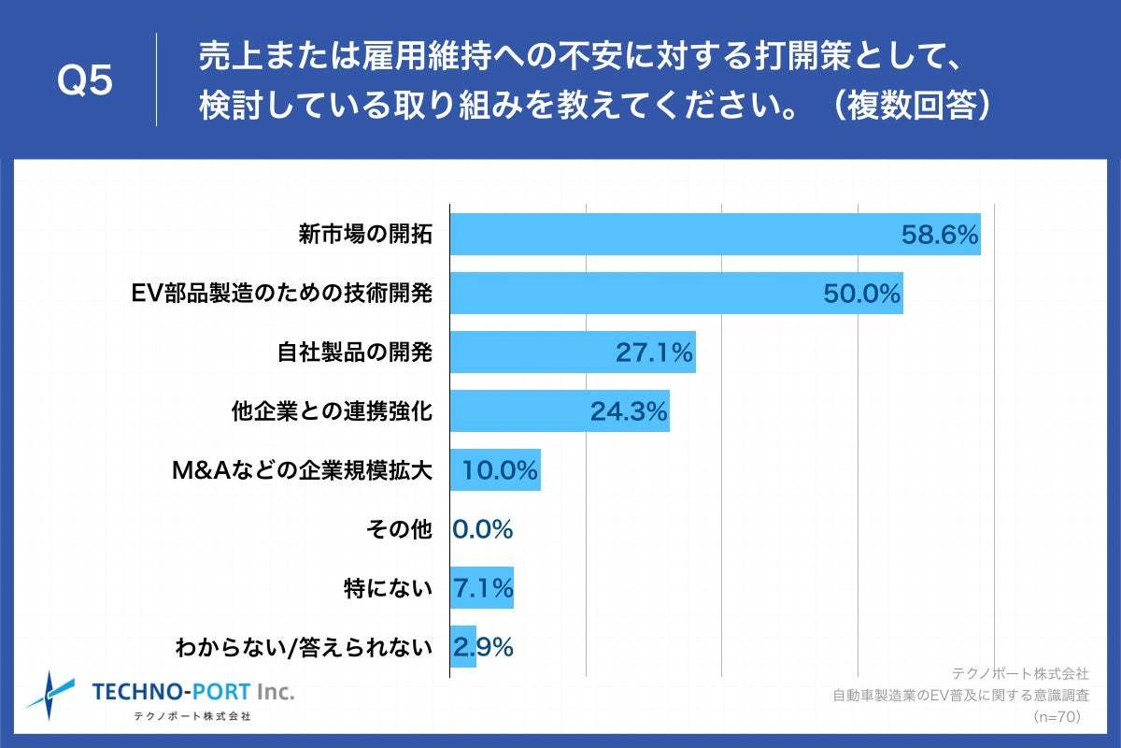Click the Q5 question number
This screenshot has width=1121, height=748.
point(85,80)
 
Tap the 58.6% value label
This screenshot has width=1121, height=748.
point(940,235)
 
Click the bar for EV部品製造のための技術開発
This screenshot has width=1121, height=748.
point(635,294)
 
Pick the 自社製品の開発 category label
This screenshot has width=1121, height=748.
point(355,352)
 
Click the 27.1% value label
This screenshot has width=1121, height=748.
point(654,352)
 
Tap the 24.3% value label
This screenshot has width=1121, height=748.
point(628,411)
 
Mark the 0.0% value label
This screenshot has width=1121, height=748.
point(483,529)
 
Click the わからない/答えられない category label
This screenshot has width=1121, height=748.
point(304,647)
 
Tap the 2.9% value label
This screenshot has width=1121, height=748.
point(483,647)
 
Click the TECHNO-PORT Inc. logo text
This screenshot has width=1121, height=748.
point(192,692)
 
